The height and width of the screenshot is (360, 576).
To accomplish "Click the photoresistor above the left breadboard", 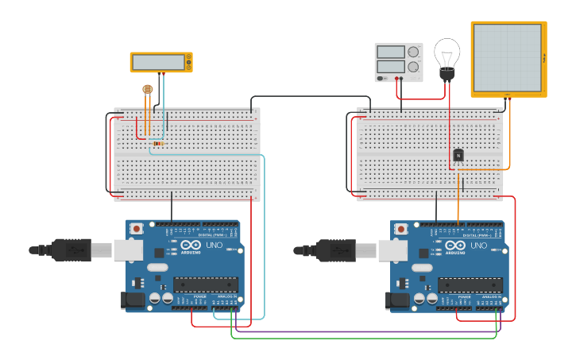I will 147,90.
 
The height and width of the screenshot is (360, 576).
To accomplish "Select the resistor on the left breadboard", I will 158,144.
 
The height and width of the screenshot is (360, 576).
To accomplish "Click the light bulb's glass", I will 446,52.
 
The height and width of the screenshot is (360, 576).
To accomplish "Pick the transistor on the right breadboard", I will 458,156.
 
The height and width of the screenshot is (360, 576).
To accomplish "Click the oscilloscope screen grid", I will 508,58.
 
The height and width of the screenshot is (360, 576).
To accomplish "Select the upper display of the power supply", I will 391,52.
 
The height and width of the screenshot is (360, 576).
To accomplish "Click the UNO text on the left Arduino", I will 212,246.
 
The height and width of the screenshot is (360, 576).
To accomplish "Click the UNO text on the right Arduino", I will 477,246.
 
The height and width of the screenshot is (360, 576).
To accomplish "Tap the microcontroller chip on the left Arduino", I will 206,285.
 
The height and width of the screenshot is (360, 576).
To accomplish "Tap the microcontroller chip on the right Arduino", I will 470,285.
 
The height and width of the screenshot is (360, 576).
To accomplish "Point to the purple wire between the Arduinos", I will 365,331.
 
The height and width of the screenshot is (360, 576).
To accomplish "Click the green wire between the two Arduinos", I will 365,339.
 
